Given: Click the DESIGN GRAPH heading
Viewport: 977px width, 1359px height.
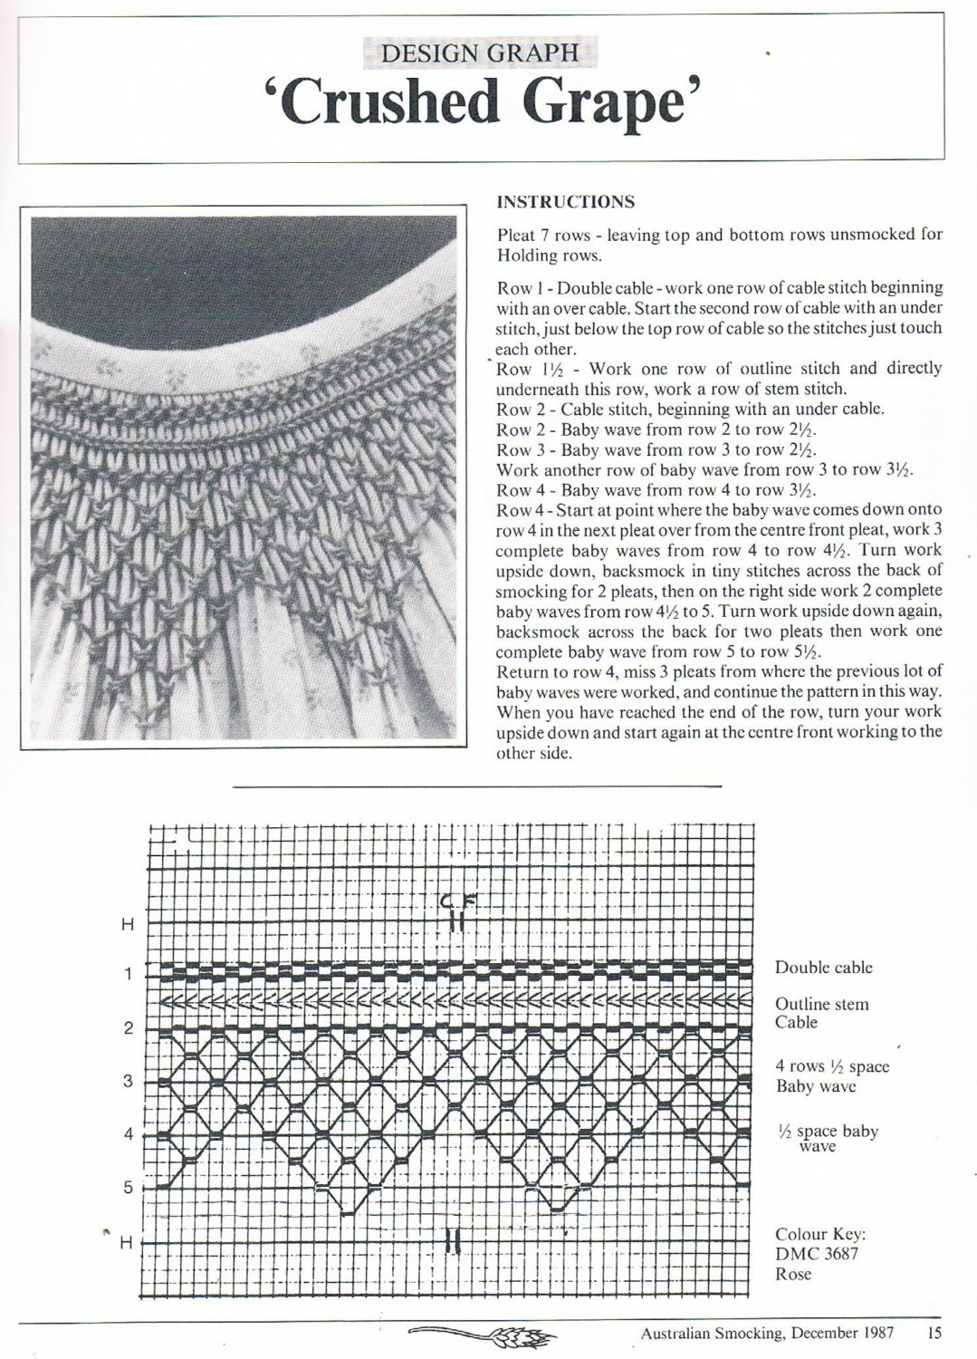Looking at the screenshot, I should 480,53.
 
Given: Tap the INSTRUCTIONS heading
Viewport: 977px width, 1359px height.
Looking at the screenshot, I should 566,202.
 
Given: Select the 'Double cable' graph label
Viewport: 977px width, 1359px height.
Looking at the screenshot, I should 823,967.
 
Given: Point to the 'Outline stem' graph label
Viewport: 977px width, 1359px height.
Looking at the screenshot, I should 821,1004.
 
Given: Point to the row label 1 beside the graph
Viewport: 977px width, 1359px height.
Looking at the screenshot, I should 128,974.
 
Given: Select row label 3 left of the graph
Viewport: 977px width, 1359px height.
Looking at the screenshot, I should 128,1081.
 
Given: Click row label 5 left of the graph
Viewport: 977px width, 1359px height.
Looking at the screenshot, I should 128,1187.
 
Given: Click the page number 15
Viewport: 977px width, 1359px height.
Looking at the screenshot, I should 934,1332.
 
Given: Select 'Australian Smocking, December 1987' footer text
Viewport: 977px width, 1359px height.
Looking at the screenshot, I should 767,1332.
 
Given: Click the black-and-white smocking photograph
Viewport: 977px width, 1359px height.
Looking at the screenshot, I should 246,477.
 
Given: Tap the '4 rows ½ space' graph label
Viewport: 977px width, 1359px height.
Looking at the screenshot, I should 831,1066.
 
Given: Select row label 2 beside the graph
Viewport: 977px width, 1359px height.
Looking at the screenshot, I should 128,1028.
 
